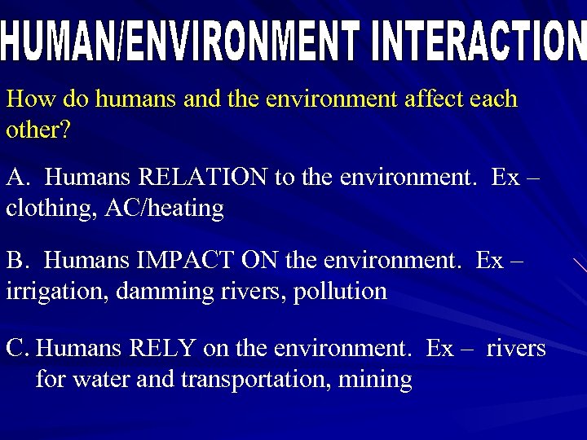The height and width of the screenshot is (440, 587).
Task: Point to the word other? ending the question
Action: point(38,130)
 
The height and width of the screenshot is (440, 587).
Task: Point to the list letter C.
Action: point(16,349)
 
